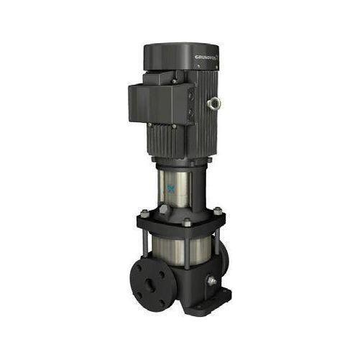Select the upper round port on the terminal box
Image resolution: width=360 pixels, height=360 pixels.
coord(190,93)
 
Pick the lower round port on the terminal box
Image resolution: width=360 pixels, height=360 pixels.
coord(192,112)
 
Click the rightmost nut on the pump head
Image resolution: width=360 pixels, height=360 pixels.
coord(217,211)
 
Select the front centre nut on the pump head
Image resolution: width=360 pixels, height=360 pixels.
coord(186,223)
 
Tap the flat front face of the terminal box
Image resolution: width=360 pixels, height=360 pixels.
coord(153,105)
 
